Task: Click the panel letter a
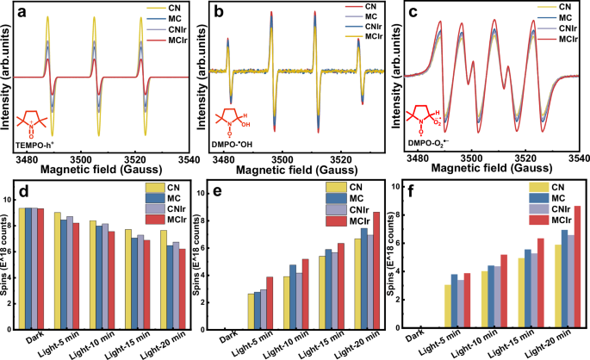(x=9, y=11)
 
